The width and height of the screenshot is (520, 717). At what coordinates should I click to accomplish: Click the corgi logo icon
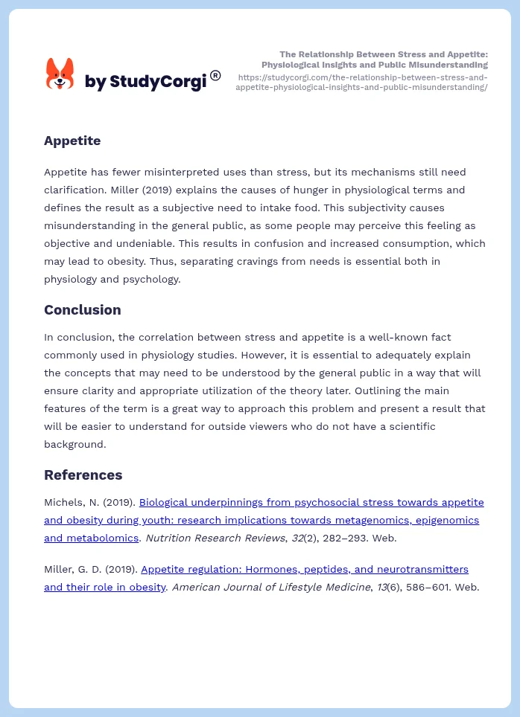click(x=60, y=74)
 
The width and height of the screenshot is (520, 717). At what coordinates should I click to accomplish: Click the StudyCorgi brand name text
click(x=145, y=81)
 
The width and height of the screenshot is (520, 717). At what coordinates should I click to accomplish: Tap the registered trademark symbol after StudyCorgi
click(x=215, y=75)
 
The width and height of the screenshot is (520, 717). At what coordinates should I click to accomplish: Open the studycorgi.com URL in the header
click(x=362, y=82)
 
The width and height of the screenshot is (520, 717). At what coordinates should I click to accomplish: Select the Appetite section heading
click(x=72, y=141)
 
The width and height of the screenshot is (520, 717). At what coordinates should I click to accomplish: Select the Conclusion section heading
click(x=82, y=309)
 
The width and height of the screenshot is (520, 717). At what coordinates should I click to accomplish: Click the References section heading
click(x=83, y=475)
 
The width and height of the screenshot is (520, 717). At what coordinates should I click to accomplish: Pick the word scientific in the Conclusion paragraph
click(x=410, y=426)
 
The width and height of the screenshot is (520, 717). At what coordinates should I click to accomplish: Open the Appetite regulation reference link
click(x=304, y=569)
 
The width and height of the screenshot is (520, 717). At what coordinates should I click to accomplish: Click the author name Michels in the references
click(x=65, y=502)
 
